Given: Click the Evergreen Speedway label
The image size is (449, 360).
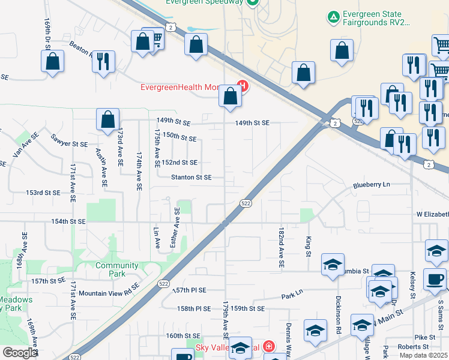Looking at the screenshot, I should pyautogui.click(x=205, y=2).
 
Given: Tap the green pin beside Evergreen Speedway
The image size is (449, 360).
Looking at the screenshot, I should pyautogui.click(x=253, y=2).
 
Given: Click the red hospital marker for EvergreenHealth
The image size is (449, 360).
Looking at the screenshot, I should pyautogui.click(x=243, y=86).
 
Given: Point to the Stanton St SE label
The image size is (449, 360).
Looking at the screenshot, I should pyautogui.click(x=191, y=177).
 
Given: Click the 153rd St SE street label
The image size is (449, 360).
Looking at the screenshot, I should pyautogui.click(x=43, y=193).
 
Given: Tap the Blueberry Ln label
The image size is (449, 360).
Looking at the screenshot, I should pyautogui.click(x=372, y=185).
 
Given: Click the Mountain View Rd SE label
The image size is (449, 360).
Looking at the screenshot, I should pyautogui.click(x=109, y=293).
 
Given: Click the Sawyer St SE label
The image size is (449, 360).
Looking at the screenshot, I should pyautogui.click(x=69, y=144).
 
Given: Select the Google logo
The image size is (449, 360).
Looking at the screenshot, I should pyautogui.click(x=20, y=352).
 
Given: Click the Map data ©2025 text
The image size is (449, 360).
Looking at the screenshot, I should pyautogui.click(x=423, y=355).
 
